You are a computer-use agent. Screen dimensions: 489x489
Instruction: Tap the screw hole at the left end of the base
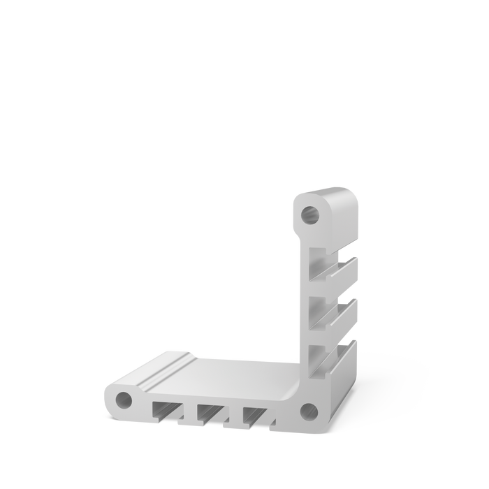click(x=123, y=400)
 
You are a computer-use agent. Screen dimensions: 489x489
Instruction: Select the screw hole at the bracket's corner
click(x=308, y=409)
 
